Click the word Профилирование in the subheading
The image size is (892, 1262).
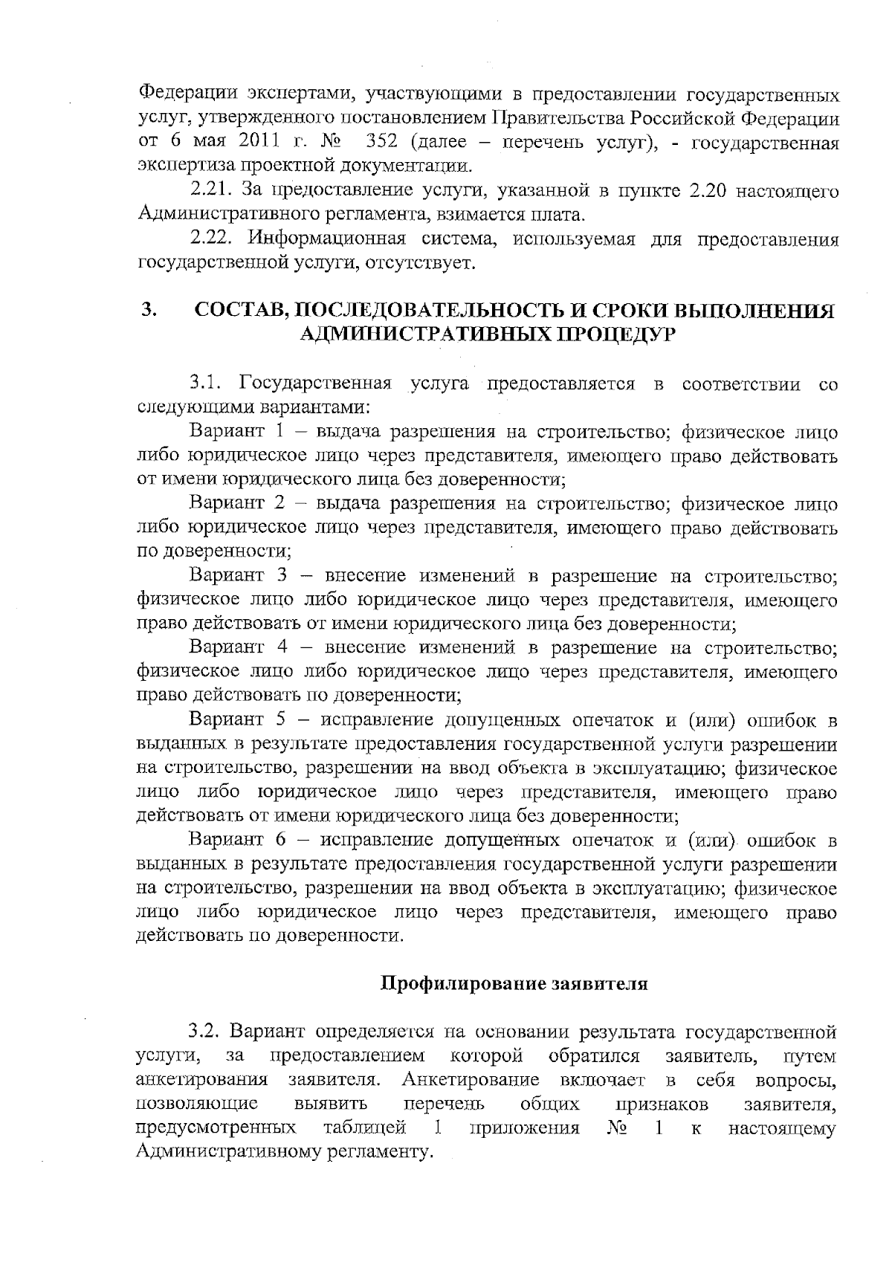pos(463,984)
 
